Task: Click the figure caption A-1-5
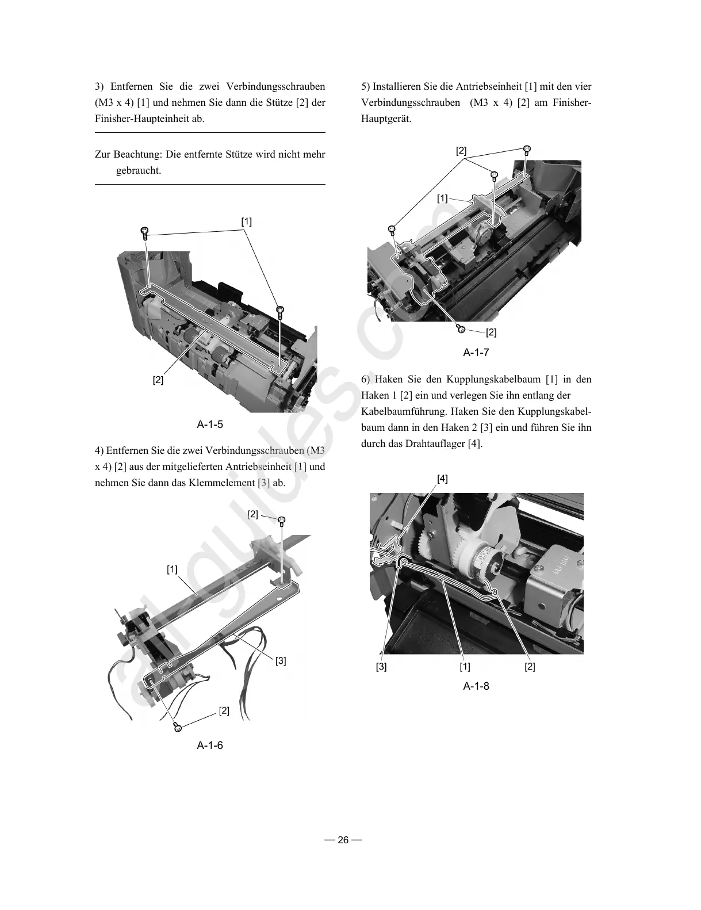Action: click(x=210, y=425)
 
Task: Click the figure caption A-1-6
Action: click(x=210, y=745)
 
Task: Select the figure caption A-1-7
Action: click(x=476, y=353)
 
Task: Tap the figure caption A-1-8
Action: click(x=476, y=686)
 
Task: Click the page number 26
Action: click(x=343, y=840)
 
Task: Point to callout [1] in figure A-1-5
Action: click(x=246, y=221)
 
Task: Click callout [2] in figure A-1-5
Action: click(x=158, y=380)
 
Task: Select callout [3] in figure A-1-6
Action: click(x=281, y=661)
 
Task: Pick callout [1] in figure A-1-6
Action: click(x=172, y=569)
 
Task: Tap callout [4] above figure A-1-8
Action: click(x=442, y=479)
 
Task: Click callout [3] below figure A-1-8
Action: click(x=381, y=667)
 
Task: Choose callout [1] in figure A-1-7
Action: click(x=442, y=198)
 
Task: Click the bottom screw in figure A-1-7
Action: click(x=461, y=328)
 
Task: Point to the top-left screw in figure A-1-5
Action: click(x=144, y=233)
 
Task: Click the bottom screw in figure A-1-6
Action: click(x=178, y=728)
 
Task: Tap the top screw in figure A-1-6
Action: click(x=282, y=522)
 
